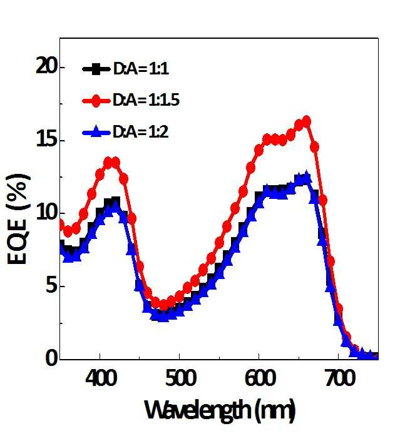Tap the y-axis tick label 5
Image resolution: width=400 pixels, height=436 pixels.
point(52,286)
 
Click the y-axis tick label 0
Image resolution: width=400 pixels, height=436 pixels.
point(52,358)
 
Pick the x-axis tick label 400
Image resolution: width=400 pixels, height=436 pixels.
point(101,378)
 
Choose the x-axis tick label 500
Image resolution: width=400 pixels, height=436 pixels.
point(180,378)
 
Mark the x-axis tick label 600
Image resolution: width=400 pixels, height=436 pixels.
point(260,378)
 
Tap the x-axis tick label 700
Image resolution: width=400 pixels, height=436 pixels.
point(340,378)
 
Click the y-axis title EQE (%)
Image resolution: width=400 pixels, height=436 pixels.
point(18,219)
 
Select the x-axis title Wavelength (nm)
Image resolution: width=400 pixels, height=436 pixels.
point(220,410)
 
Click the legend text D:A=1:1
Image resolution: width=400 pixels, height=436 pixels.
point(141,68)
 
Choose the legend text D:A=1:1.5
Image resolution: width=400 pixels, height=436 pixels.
point(146,100)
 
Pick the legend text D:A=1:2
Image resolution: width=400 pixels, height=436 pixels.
point(140,132)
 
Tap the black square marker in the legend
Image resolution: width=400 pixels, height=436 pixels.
point(96,69)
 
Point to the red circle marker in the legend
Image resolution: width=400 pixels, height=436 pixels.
point(96,100)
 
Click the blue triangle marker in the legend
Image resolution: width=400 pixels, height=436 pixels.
point(96,131)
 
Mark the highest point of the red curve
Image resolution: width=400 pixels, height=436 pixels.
point(307,121)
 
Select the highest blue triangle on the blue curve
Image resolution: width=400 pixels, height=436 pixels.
point(307,177)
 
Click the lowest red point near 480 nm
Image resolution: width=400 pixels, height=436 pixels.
point(163,305)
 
